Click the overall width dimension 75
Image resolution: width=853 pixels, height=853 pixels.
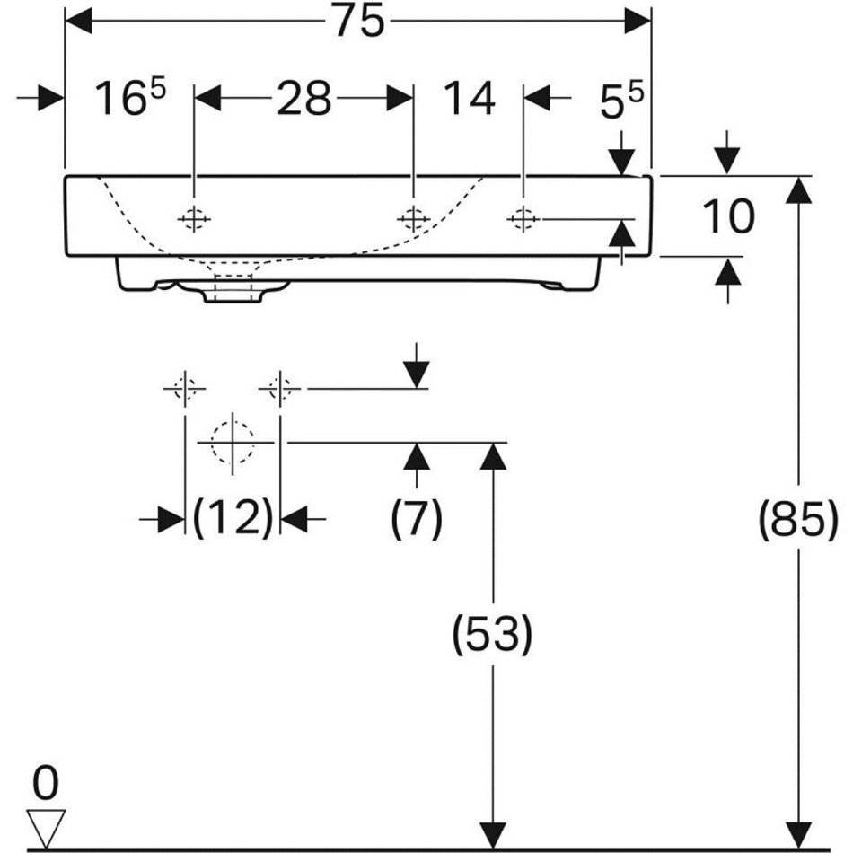pos(359,22)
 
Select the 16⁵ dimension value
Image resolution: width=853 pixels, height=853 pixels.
pos(130,97)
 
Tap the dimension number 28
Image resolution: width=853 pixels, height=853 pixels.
pos(304,98)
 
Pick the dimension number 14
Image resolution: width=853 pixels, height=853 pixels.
pos(470,98)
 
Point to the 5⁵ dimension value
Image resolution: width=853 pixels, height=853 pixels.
pos(621,100)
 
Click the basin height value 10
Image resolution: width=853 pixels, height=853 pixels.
pos(728,216)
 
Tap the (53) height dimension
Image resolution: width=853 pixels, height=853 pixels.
pos(492,634)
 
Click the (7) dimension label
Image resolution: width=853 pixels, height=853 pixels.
pos(417,518)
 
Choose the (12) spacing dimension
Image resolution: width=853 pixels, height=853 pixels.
pos(233,517)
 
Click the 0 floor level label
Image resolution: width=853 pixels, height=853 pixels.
pos(46,783)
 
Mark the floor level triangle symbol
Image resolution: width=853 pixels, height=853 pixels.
pos(46,826)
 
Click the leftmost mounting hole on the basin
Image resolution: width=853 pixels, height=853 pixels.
pos(194,219)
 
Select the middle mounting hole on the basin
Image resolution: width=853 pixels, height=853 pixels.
pos(413,219)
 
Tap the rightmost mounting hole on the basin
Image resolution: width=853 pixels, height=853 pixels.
pos(523,219)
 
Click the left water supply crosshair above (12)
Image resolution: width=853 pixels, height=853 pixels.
pos(185,389)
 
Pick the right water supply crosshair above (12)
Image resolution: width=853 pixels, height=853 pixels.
pos(279,389)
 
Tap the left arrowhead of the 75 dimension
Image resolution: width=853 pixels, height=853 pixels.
pos(78,22)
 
